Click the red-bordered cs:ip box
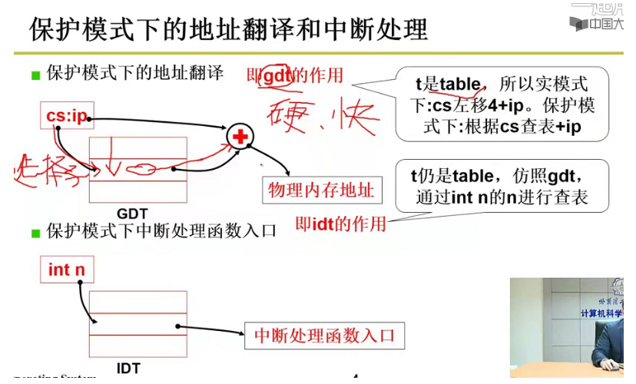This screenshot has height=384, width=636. [65, 117]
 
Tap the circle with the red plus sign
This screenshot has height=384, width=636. [240, 137]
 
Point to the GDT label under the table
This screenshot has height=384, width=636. [132, 213]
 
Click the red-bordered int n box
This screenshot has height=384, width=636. [66, 270]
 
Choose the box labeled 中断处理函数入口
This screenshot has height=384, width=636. [323, 336]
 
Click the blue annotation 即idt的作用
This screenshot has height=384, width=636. [341, 224]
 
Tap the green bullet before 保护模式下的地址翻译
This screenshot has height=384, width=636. [35, 75]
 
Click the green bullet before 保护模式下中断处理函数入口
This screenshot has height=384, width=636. [35, 232]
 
